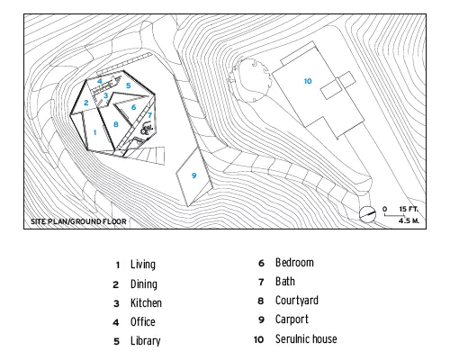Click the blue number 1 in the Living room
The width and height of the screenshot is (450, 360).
coord(94,132)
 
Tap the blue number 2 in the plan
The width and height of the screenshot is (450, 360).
coord(86,103)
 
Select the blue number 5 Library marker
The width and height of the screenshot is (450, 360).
coord(129,85)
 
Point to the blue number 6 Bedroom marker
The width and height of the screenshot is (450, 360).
coord(133,107)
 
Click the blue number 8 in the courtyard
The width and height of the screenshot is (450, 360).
coord(116,124)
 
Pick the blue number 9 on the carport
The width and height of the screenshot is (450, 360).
coord(194,175)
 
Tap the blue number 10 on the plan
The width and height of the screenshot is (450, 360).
coord(308,81)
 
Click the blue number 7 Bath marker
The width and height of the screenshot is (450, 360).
coord(149,115)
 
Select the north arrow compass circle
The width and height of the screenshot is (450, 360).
coord(367,214)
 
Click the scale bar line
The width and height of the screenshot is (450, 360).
coord(394,215)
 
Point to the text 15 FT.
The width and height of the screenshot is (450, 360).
coord(409,209)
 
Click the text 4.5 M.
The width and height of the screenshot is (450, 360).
coord(409,220)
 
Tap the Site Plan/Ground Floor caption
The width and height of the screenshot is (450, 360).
coord(78,221)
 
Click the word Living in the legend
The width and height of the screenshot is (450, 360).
coord(143,265)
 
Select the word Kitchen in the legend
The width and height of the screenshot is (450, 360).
coord(146,303)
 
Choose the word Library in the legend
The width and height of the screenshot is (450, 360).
coord(146,341)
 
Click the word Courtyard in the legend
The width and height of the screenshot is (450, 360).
coord(297,301)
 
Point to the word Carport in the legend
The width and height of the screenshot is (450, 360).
coord(292,319)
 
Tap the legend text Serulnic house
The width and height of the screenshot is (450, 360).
coord(306,339)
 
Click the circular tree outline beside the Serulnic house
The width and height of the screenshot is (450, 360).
coord(268,80)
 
